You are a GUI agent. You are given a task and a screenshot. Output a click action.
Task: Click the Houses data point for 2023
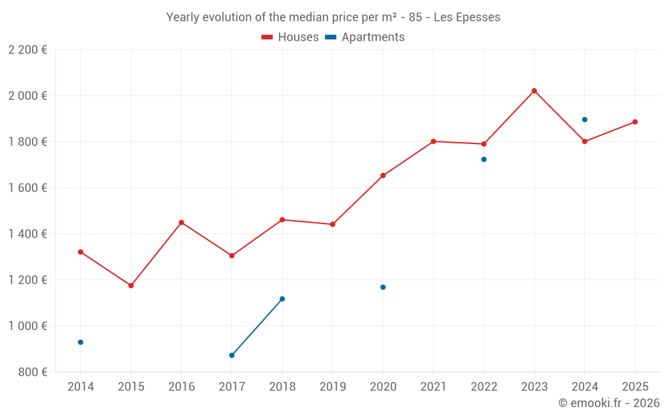(534, 91)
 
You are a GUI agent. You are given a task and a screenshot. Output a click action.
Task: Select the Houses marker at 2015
(131, 286)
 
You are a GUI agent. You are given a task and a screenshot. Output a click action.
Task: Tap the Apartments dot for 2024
(584, 119)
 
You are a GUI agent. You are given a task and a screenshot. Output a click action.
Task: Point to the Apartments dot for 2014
(81, 342)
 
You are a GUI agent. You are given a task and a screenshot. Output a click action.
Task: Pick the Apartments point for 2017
(231, 355)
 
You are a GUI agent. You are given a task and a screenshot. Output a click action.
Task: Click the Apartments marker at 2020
(383, 287)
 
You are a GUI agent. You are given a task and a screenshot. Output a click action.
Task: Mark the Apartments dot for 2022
(484, 159)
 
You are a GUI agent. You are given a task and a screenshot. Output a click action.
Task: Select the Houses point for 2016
(181, 222)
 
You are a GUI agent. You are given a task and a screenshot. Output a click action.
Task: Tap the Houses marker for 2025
(635, 122)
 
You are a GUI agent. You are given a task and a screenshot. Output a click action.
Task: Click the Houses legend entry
(290, 37)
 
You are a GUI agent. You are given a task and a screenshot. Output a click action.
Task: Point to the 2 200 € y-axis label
(27, 50)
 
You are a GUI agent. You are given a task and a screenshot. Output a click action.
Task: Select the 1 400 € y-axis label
(27, 234)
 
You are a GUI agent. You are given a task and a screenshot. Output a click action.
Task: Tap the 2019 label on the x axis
(332, 387)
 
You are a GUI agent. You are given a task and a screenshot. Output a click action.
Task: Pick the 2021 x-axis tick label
(433, 387)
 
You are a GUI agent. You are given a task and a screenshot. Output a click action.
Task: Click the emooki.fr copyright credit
(608, 403)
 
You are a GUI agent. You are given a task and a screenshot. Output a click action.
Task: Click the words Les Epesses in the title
(467, 17)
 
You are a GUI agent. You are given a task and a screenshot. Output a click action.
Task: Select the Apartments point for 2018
(282, 299)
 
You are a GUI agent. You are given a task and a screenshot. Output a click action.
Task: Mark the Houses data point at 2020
(383, 175)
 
